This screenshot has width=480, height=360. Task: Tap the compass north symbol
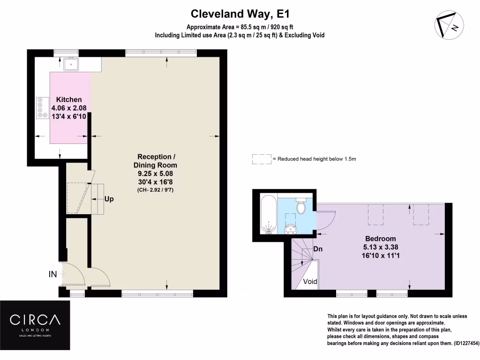449,25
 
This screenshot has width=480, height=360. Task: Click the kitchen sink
71,64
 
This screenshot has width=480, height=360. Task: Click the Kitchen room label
69,99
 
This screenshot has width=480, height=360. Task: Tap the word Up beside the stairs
108,199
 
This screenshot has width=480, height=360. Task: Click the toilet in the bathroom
301,206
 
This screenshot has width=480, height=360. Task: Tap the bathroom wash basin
292,229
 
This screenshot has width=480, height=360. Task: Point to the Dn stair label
318,249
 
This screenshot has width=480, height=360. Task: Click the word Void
310,282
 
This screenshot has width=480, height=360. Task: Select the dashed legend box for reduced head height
262,159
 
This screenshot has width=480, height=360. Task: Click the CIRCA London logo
35,324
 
